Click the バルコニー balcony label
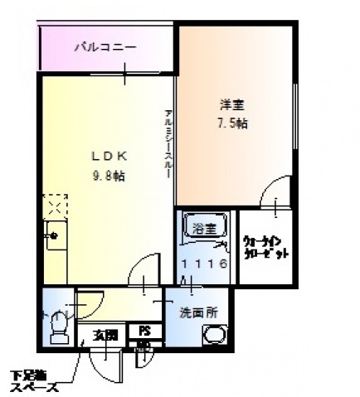105,46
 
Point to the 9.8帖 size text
109,175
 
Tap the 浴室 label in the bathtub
204,228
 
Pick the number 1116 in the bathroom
205,264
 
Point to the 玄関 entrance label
105,336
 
